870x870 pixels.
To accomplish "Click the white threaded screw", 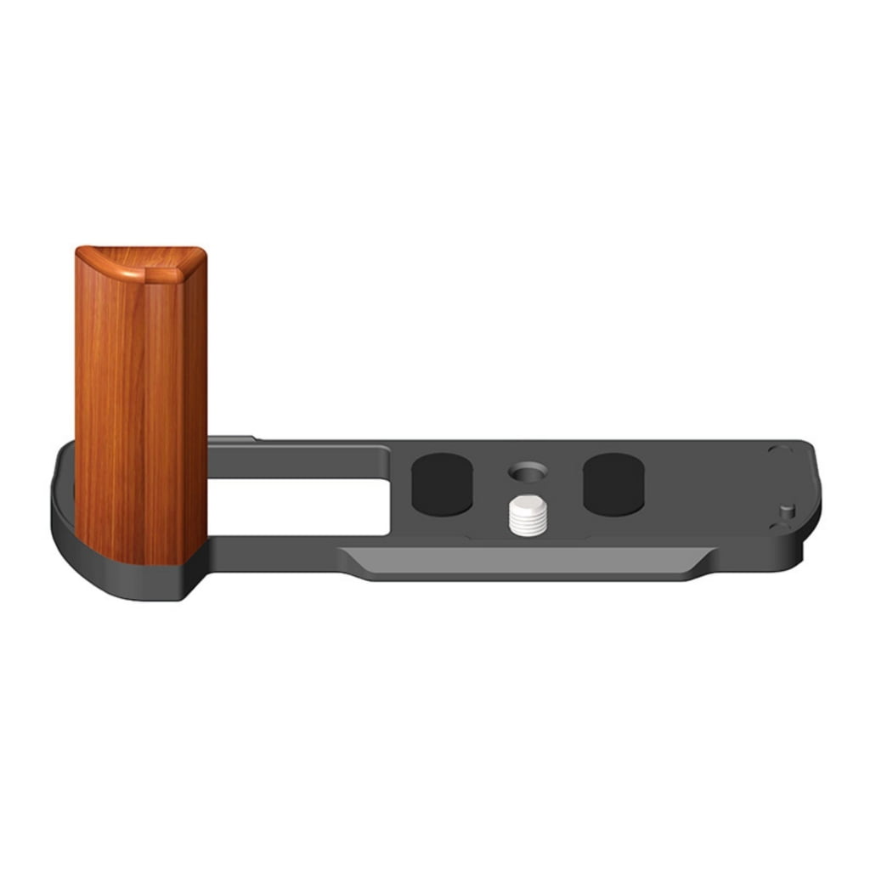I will (x=527, y=517).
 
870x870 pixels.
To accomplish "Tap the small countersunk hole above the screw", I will (x=527, y=469).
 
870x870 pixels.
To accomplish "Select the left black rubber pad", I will (x=442, y=484).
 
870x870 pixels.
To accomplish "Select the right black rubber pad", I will (x=613, y=484).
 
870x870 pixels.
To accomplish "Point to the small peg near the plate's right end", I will (x=788, y=511).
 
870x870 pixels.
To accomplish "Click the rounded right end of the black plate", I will (x=811, y=501).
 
